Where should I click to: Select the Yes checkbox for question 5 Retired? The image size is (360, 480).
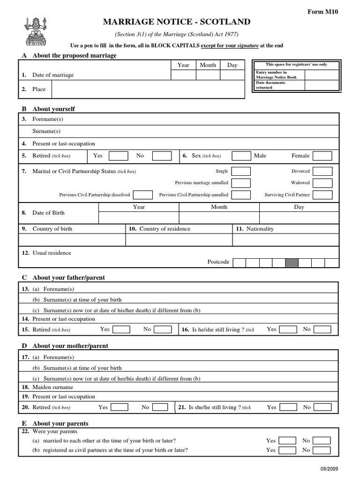tap(118, 156)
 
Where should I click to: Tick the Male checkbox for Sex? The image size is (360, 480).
tap(241, 156)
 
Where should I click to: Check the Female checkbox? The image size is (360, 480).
tap(322, 156)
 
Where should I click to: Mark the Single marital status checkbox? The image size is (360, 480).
tap(241, 172)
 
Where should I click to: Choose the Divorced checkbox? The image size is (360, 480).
tap(322, 172)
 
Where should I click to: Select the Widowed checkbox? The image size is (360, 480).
tap(322, 183)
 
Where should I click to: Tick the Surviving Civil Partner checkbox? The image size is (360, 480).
tap(322, 195)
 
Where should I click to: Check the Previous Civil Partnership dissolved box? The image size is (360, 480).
tap(143, 195)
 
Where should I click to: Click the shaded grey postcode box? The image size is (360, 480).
tap(292, 262)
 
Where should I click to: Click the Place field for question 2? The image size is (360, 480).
tap(148, 89)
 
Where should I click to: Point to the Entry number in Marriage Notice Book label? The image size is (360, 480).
tap(277, 75)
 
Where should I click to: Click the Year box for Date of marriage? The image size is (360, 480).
tap(183, 75)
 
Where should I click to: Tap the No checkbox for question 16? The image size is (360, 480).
tap(322, 330)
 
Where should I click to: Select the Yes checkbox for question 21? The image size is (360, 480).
tap(288, 407)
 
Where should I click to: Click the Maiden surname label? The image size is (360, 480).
tap(52, 387)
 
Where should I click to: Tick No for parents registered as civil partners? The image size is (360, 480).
tap(322, 450)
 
